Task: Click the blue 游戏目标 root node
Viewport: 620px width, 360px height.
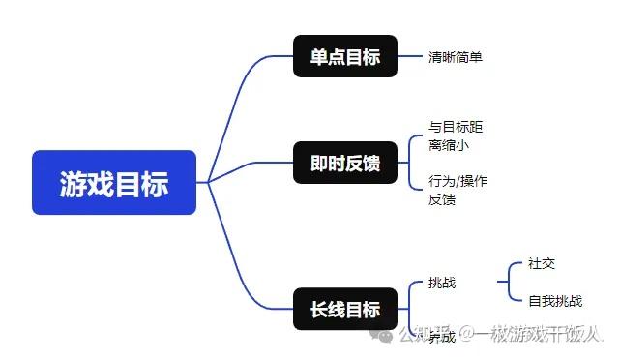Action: pyautogui.click(x=114, y=182)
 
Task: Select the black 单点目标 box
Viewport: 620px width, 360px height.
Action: pyautogui.click(x=345, y=56)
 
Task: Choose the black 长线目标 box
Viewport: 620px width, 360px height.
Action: pyautogui.click(x=345, y=310)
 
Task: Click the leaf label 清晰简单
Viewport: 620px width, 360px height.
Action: pyautogui.click(x=456, y=57)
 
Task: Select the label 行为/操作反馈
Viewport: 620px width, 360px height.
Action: pyautogui.click(x=458, y=191)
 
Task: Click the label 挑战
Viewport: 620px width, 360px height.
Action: pyautogui.click(x=442, y=283)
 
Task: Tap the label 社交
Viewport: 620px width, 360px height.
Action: pyautogui.click(x=542, y=263)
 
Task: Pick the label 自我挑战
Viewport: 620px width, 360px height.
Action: pyautogui.click(x=555, y=301)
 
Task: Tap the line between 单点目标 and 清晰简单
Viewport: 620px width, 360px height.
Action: pyautogui.click(x=410, y=56)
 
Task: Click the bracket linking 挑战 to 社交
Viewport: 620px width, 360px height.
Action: pyautogui.click(x=504, y=282)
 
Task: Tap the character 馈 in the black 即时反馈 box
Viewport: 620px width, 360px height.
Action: pyautogui.click(x=371, y=164)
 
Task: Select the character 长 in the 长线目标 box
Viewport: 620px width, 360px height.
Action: pyautogui.click(x=319, y=310)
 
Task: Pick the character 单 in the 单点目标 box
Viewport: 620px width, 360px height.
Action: pyautogui.click(x=319, y=56)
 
